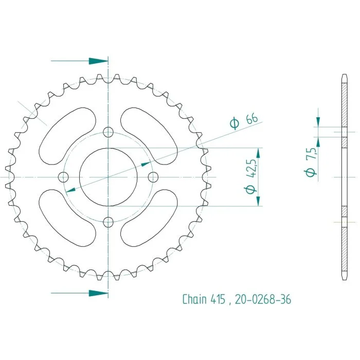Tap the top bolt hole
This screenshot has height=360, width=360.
(x=108, y=132)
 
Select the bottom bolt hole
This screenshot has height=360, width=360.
(x=108, y=222)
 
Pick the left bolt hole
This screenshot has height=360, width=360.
(x=63, y=177)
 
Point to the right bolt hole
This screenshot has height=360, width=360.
(x=153, y=177)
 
